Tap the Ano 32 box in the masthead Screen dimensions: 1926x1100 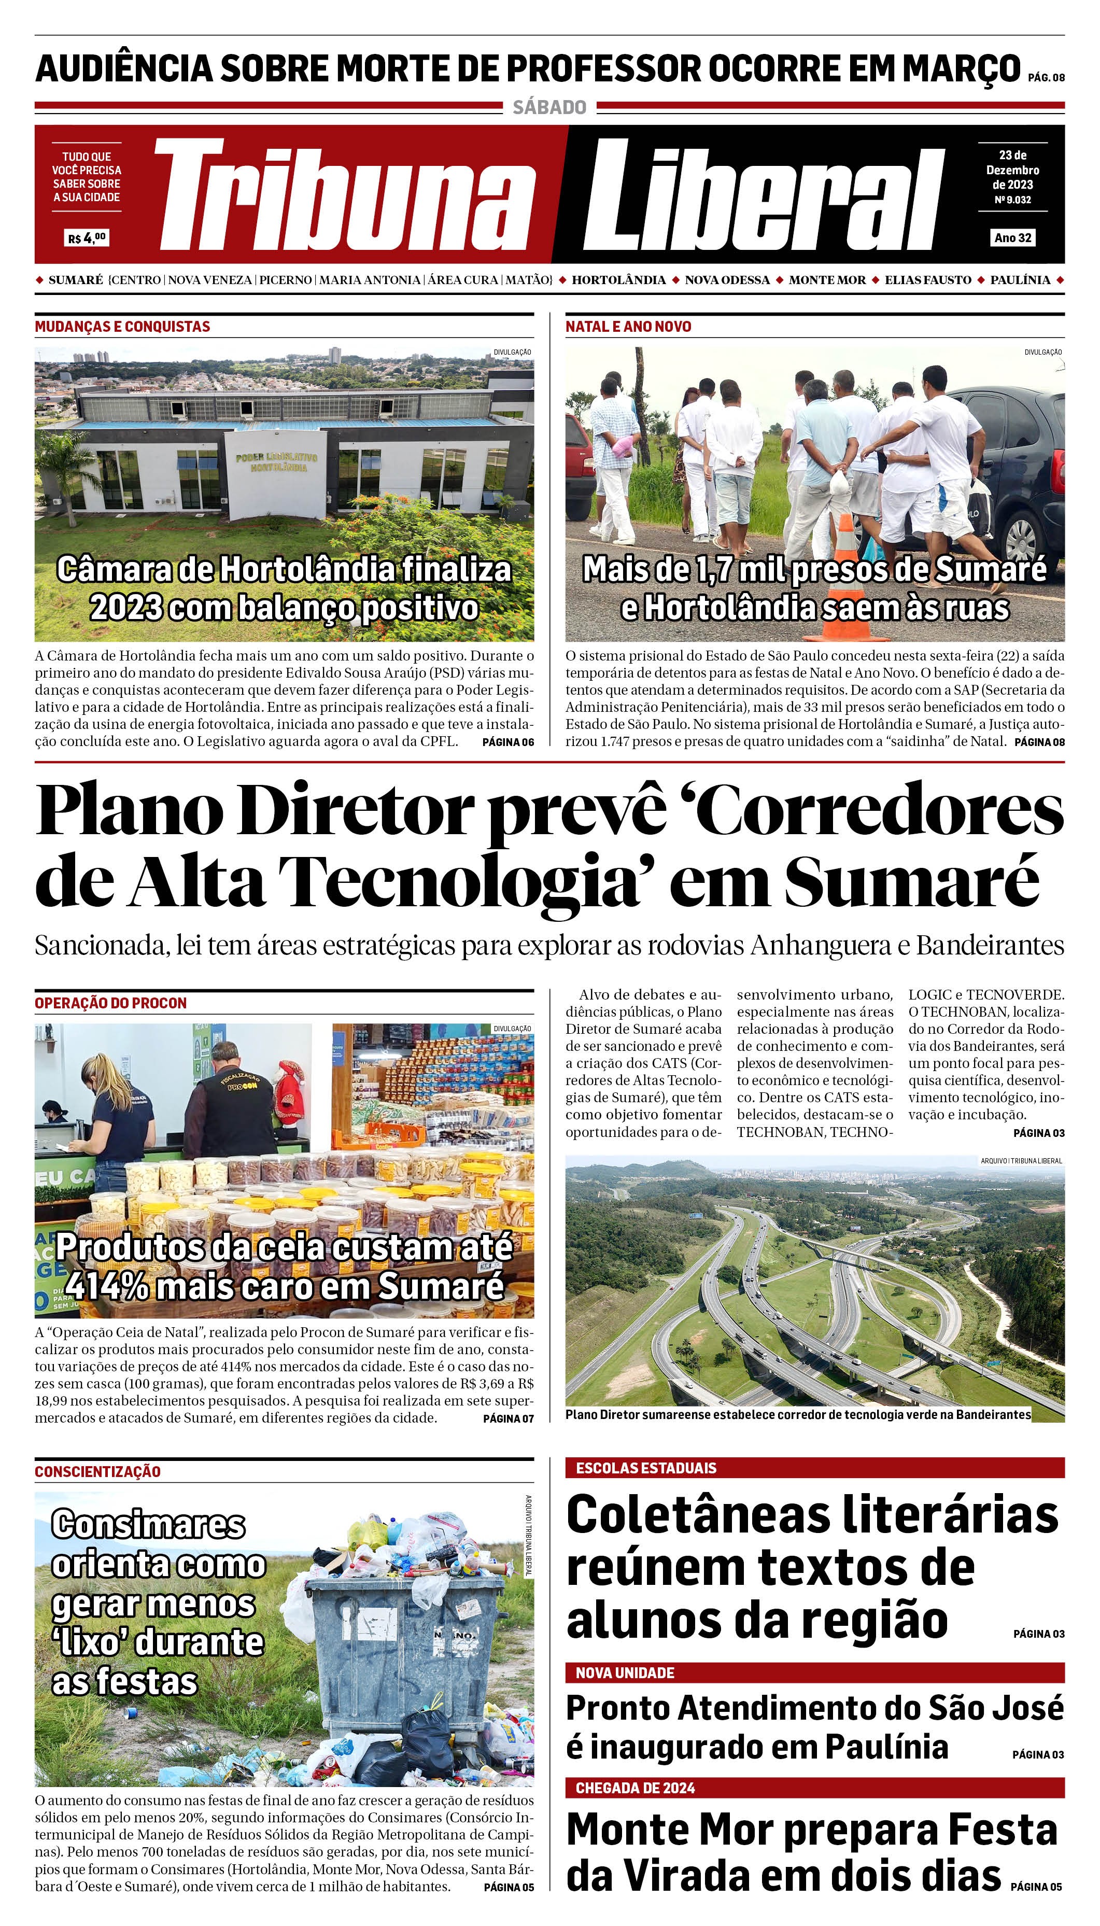click(x=1012, y=237)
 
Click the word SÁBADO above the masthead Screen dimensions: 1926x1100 click(x=549, y=107)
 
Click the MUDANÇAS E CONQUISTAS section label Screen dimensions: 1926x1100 click(x=122, y=327)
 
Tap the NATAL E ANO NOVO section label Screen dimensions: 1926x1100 click(x=628, y=327)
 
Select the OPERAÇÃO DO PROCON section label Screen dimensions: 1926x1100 click(x=110, y=1003)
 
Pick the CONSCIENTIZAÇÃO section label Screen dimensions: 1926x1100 click(x=97, y=1471)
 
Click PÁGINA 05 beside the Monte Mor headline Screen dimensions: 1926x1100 click(x=1036, y=1887)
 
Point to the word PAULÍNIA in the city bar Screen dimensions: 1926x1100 click(x=1020, y=279)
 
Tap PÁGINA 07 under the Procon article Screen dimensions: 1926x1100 click(x=507, y=1418)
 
